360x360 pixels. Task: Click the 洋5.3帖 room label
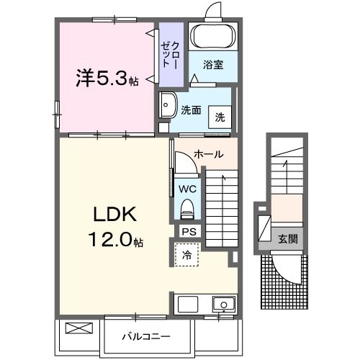[x=107, y=78]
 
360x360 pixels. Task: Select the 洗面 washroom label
[x=190, y=111]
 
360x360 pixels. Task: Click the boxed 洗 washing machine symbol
[x=219, y=117]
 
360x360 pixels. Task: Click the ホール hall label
[x=208, y=154]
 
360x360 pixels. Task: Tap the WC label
[x=187, y=189]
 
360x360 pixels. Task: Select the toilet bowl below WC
[x=187, y=210]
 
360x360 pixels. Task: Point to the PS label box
[x=189, y=232]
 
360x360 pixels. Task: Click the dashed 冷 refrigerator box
[x=186, y=255]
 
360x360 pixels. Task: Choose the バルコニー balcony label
[x=145, y=336]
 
